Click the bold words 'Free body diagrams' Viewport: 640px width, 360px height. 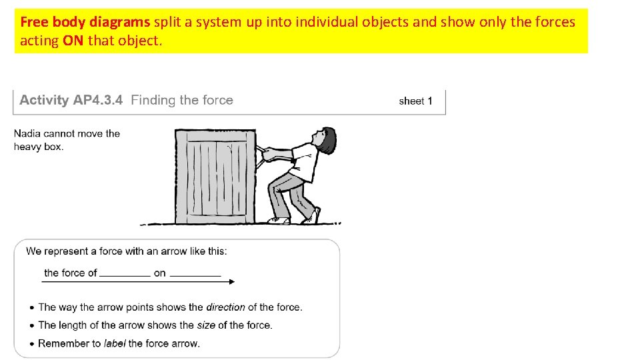85,22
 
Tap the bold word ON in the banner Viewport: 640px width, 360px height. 73,41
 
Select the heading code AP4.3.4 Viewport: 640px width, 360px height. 98,101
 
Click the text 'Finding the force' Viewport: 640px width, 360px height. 182,101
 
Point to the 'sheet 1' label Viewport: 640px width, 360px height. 415,101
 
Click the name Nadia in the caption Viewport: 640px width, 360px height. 28,133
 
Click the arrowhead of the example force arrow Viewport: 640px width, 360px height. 231,282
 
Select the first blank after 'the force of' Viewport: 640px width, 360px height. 125,274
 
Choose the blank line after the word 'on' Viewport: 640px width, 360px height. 195,274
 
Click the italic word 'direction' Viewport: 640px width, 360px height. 225,307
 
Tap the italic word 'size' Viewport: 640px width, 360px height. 205,325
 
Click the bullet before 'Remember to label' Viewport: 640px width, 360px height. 32,344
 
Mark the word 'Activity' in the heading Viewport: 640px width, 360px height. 44,101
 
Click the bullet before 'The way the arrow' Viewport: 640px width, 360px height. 32,308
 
